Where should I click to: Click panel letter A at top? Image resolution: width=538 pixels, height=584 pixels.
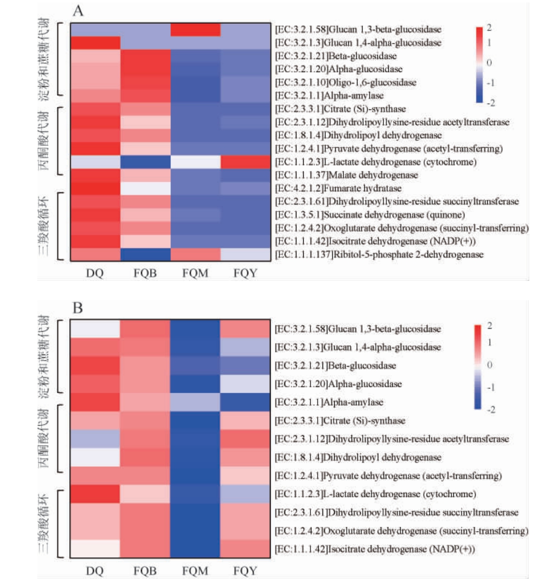78,11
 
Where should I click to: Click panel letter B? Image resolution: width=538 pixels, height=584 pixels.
77,308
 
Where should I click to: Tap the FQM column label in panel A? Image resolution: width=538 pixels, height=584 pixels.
195,274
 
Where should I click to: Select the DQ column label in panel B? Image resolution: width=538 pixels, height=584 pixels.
95,571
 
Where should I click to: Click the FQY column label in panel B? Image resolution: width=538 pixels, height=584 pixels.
245,571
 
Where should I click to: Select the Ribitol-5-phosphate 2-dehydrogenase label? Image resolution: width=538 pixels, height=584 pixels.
379,255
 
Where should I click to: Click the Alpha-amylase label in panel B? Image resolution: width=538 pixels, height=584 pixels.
329,402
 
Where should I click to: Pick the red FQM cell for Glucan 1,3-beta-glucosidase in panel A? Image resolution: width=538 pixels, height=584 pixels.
195,30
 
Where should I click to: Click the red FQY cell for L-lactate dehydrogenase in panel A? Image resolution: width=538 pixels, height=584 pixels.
246,162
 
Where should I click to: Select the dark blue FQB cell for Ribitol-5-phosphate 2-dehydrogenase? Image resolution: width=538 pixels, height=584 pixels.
145,255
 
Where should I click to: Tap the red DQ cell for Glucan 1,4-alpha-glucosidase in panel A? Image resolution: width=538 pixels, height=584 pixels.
95,43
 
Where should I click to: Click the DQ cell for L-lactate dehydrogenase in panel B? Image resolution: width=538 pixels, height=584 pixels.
95,494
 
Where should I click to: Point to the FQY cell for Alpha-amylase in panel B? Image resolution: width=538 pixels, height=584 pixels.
246,402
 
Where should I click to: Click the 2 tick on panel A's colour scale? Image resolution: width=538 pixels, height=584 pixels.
489,28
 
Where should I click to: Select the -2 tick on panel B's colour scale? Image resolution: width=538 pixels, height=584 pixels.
491,410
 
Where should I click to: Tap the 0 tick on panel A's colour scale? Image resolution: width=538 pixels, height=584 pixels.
489,63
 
